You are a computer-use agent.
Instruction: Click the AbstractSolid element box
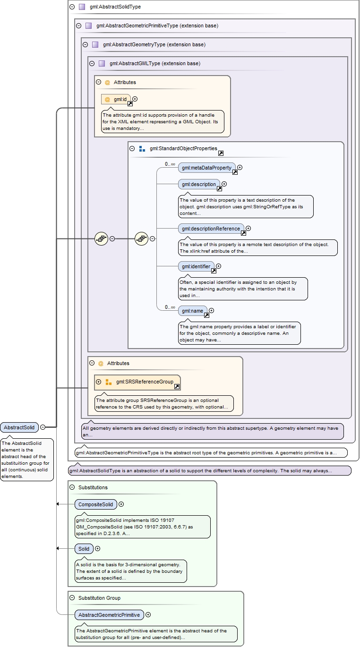coord(19,427)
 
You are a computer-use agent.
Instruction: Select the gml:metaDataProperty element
coord(206,168)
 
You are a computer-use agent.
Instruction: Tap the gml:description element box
coord(199,184)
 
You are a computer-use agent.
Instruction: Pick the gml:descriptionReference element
coord(211,229)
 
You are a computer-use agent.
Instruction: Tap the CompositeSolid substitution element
coord(95,504)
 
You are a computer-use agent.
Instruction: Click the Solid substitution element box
coord(84,549)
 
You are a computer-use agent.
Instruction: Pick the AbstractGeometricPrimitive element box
coord(109,615)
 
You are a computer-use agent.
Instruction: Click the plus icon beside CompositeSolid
coord(121,504)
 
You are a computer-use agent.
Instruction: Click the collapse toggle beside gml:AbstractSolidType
coord(72,7)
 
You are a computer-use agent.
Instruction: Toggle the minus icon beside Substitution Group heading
coord(72,598)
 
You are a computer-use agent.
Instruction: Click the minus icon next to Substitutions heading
coord(72,487)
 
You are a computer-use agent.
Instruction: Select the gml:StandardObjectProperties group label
coord(183,148)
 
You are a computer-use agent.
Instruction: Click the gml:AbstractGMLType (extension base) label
coord(154,63)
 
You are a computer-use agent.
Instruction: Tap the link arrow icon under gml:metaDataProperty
coord(235,172)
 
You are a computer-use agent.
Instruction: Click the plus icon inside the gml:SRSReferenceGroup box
coord(99,382)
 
